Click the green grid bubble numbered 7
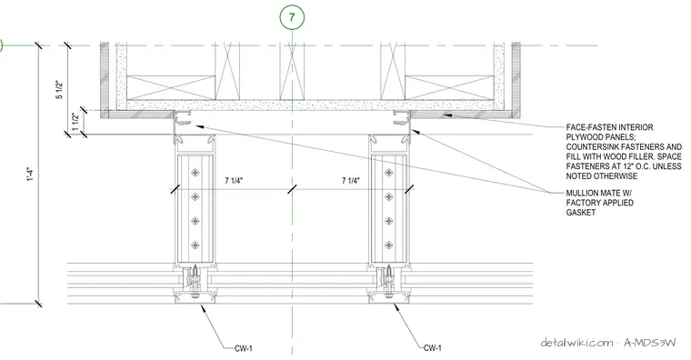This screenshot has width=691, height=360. [292, 17]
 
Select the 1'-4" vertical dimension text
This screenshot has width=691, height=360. [30, 175]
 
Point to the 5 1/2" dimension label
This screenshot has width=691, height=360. [60, 90]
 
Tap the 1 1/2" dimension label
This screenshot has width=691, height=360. [75, 122]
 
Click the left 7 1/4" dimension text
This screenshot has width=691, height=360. [234, 181]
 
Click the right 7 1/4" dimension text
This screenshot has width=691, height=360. [351, 181]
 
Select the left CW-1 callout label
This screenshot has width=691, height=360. [244, 348]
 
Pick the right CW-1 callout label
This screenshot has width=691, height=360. [433, 348]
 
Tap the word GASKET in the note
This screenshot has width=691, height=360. [581, 213]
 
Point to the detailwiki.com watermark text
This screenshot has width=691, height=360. [576, 343]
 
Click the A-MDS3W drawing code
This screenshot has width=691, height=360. [649, 343]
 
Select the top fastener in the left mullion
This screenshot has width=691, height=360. [195, 173]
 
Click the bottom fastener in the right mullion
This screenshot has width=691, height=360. [389, 245]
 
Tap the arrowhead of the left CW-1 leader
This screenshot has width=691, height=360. [203, 307]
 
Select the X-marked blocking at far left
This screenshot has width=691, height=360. [171, 87]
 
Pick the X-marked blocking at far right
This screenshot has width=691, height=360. [449, 87]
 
